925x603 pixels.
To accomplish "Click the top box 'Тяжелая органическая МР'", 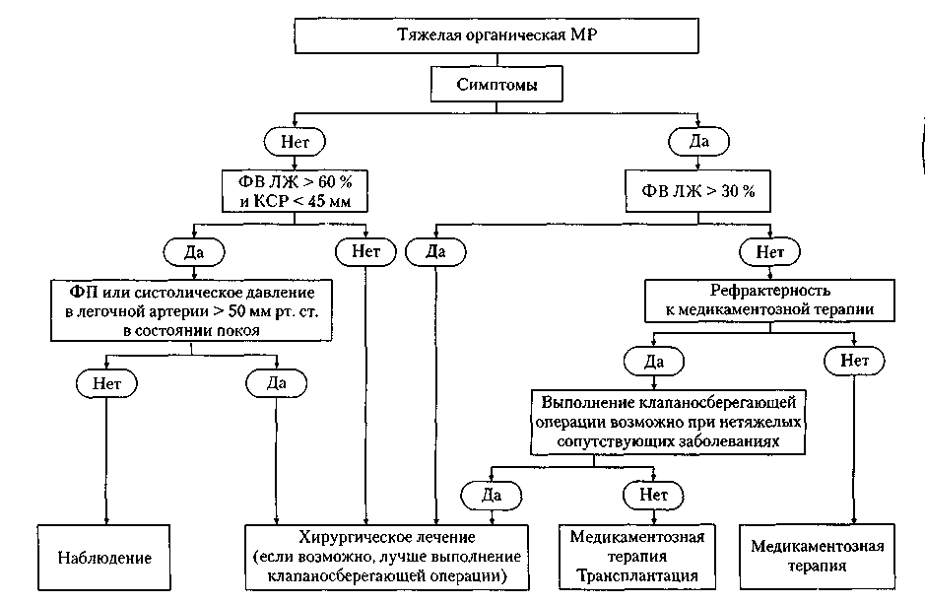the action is (496, 35).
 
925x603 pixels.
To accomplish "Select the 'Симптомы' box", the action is (496, 85).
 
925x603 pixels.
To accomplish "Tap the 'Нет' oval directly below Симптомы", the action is (295, 142).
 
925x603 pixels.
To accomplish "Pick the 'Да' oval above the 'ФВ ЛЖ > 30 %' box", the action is (698, 142).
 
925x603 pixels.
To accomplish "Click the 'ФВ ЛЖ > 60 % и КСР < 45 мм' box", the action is (295, 191).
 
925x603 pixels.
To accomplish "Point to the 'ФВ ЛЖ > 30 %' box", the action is (697, 191).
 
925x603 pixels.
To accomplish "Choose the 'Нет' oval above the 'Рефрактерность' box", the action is (770, 252).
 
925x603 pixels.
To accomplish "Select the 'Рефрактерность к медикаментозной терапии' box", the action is (770, 301).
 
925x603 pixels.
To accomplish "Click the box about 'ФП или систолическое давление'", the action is (192, 311).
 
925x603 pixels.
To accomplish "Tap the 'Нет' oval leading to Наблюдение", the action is (106, 383).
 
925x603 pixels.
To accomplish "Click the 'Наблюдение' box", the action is (104, 558).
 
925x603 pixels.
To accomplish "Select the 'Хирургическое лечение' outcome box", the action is (387, 557).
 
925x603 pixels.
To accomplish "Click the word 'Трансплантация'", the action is (637, 575).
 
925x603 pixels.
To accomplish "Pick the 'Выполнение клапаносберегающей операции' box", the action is (668, 422).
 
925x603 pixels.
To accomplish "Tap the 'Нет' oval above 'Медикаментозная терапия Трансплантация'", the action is (653, 495).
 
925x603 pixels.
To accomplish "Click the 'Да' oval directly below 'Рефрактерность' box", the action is (654, 361).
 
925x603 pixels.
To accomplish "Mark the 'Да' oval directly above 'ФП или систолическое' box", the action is (194, 252).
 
